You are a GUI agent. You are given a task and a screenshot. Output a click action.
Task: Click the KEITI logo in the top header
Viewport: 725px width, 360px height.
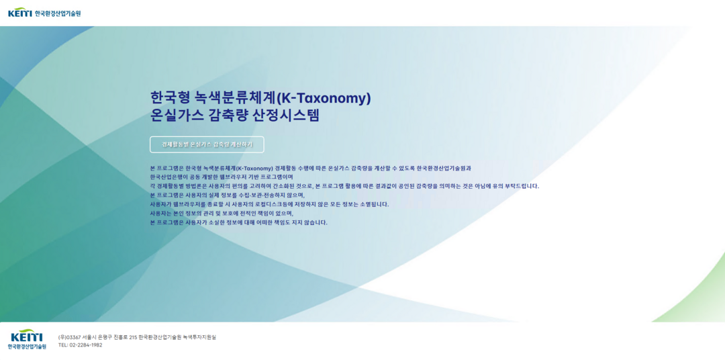[x=44, y=13]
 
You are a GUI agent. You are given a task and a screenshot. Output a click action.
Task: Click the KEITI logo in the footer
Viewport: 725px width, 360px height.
[x=27, y=339]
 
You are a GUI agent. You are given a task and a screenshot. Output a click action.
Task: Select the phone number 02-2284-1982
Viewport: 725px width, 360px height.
[x=85, y=345]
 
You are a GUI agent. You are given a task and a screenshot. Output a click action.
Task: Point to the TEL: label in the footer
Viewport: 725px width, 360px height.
[x=63, y=345]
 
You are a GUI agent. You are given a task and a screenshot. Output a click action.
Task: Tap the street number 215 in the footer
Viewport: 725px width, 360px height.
[x=133, y=337]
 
